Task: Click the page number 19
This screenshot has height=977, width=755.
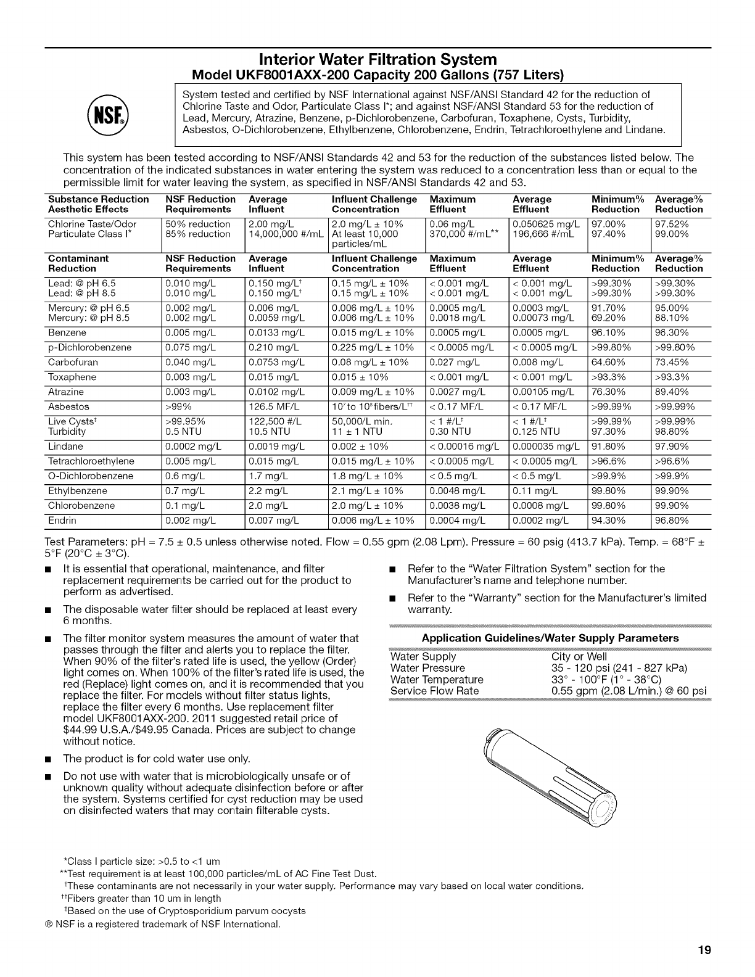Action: point(704,950)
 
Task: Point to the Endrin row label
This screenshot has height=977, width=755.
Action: point(62,520)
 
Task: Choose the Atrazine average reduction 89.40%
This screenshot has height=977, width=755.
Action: point(674,392)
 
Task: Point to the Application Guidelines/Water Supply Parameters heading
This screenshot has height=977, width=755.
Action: point(550,638)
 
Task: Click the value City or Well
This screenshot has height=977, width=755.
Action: point(579,657)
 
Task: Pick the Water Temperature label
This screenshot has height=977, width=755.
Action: point(437,680)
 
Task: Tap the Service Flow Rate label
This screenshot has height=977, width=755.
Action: point(435,691)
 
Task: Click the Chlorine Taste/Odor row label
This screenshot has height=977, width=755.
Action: point(92,224)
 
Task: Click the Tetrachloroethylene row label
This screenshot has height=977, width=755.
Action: point(91,461)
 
